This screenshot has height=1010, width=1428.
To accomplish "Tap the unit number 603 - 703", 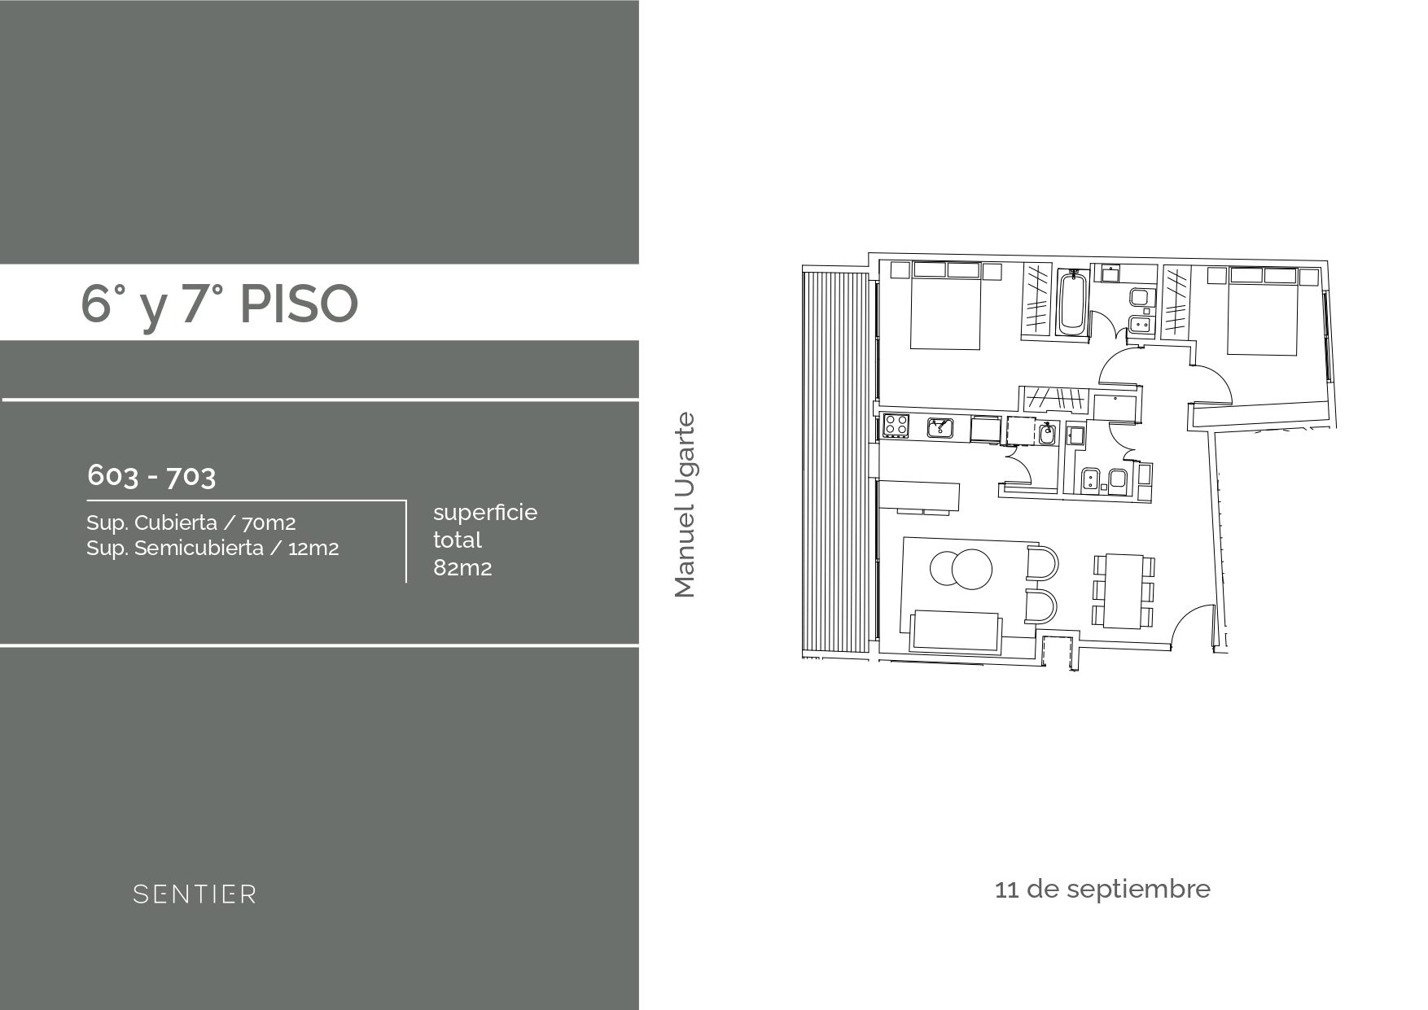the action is pyautogui.click(x=151, y=476).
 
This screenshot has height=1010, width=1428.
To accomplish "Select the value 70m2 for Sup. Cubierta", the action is pyautogui.click(x=269, y=523).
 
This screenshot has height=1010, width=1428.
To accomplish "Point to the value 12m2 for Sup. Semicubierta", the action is pyautogui.click(x=313, y=549).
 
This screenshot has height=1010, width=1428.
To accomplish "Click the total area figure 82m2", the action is pyautogui.click(x=462, y=568).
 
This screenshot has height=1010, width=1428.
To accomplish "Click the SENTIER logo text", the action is pyautogui.click(x=195, y=894).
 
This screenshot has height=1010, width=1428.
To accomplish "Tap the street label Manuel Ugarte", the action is pyautogui.click(x=686, y=505).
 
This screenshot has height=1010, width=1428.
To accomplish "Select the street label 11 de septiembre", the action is pyautogui.click(x=1102, y=889).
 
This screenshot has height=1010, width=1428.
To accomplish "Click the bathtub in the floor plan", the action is pyautogui.click(x=1071, y=303).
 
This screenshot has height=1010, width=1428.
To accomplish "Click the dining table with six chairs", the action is pyautogui.click(x=1124, y=591).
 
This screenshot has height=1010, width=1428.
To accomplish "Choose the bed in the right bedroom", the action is pyautogui.click(x=1262, y=311).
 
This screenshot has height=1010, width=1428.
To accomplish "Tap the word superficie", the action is pyautogui.click(x=485, y=514).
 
